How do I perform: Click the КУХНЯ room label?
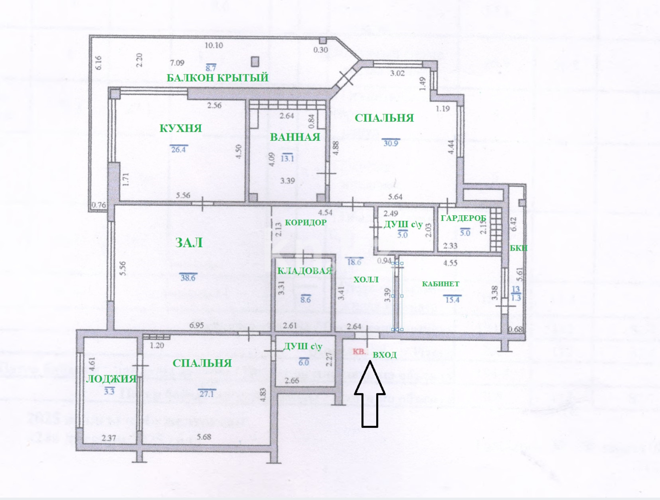pos(181,128)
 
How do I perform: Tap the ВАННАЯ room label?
pos(295,137)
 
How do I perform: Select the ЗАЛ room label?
pos(189,243)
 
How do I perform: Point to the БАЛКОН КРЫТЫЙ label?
pos(218,77)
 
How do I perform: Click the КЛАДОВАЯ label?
pos(305,271)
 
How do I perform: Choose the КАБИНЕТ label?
pos(440,284)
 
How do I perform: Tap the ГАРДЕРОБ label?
pos(463,219)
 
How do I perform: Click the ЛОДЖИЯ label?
pos(112,379)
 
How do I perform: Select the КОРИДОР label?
pos(305,222)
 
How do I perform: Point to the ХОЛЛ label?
pos(366,280)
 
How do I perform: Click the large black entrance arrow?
pos(370,394)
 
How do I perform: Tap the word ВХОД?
pos(385,355)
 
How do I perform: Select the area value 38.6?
pos(188,277)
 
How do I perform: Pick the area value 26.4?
pos(178,149)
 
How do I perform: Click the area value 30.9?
pos(391,143)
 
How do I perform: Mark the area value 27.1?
pos(206,394)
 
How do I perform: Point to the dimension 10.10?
pos(214,45)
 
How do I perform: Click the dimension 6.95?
pos(197,325)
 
